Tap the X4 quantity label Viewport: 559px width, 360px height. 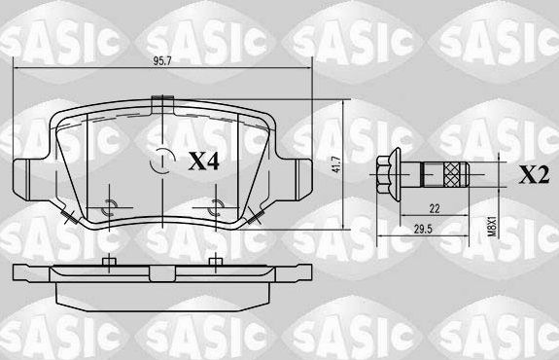click(x=203, y=161)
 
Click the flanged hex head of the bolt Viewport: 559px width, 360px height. click(x=385, y=176)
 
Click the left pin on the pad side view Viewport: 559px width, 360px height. click(x=109, y=261)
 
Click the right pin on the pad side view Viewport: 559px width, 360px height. click(x=215, y=261)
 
